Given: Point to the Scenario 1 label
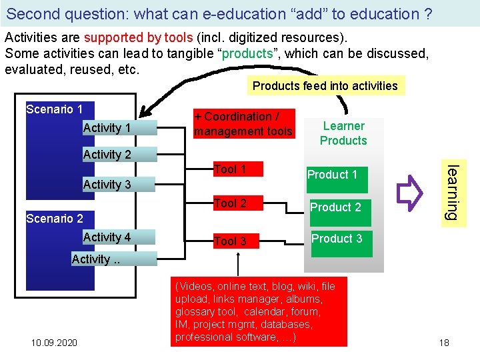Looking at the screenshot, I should tap(54, 109).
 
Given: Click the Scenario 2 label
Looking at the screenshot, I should tap(54, 218).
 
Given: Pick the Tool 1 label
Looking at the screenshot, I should tap(230, 169).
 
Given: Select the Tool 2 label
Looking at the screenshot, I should tap(230, 203).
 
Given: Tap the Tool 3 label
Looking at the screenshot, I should tap(230, 241).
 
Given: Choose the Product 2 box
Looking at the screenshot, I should tap(335, 207).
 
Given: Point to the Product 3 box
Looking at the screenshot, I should tap(337, 238).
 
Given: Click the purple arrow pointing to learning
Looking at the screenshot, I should tap(406, 189).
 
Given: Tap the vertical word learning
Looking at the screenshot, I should tap(452, 193).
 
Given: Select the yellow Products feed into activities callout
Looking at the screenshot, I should tap(325, 85).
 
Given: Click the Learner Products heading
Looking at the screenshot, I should tap(343, 133).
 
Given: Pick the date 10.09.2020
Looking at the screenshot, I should tap(54, 343).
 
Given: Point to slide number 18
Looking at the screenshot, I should tap(444, 343).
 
